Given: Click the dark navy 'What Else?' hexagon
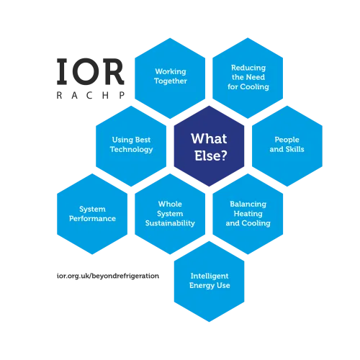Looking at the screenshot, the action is tap(209, 146).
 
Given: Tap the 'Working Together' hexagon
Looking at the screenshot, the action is tap(170, 78).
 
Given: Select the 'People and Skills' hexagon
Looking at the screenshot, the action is tap(287, 146).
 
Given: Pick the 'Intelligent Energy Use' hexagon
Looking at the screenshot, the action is tap(209, 282).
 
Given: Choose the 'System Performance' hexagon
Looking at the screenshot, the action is tap(92, 214).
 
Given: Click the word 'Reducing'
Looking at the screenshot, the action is tap(248, 68).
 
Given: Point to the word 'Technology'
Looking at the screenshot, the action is tap(131, 150).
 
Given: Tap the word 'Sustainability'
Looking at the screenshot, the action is tap(170, 223).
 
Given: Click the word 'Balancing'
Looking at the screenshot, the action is tap(248, 204).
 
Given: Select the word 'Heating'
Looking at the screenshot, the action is tap(248, 214).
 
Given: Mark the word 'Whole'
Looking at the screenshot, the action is tap(170, 204).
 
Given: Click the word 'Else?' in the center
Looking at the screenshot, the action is tap(211, 156).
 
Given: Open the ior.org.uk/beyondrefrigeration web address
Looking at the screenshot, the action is tap(108, 276).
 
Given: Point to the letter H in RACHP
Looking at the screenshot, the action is tap(105, 96).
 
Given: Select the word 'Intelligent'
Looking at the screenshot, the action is tap(210, 276).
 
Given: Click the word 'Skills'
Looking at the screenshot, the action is tap(295, 149).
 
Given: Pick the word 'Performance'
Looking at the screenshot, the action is tap(92, 219).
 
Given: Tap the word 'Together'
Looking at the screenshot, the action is tap(171, 81).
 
